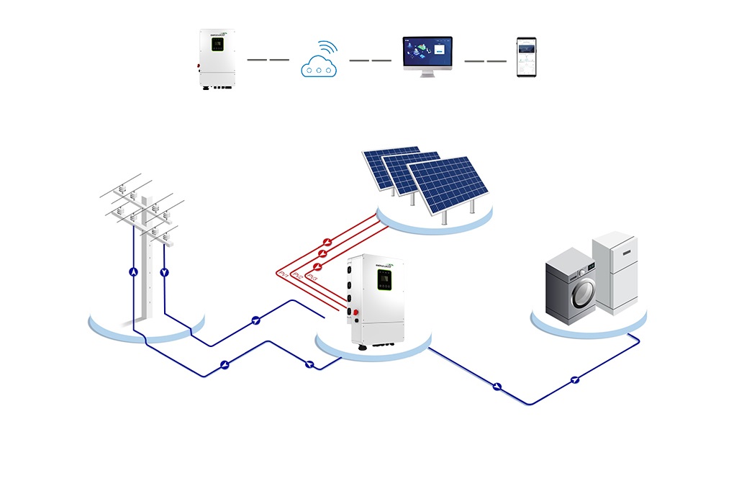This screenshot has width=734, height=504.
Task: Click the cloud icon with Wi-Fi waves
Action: (x=318, y=61)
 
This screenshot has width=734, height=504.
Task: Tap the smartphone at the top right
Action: (x=527, y=58)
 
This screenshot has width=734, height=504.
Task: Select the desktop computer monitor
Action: (x=427, y=55)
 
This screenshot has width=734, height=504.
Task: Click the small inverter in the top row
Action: (x=217, y=59)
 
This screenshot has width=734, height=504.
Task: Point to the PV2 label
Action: (x=296, y=276)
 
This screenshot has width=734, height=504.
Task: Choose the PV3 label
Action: (x=311, y=276)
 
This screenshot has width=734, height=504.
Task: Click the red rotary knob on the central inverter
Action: (x=355, y=312)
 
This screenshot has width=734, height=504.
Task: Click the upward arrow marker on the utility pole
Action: (x=132, y=272)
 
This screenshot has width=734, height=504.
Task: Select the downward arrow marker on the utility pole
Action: (x=165, y=272)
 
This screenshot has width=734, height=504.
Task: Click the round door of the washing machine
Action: (x=581, y=292)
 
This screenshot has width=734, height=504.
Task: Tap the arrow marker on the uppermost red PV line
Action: (x=327, y=242)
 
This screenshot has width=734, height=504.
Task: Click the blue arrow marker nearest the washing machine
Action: (x=574, y=379)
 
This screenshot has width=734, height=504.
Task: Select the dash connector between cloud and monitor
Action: (x=370, y=60)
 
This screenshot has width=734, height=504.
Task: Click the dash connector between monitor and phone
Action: (x=485, y=60)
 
